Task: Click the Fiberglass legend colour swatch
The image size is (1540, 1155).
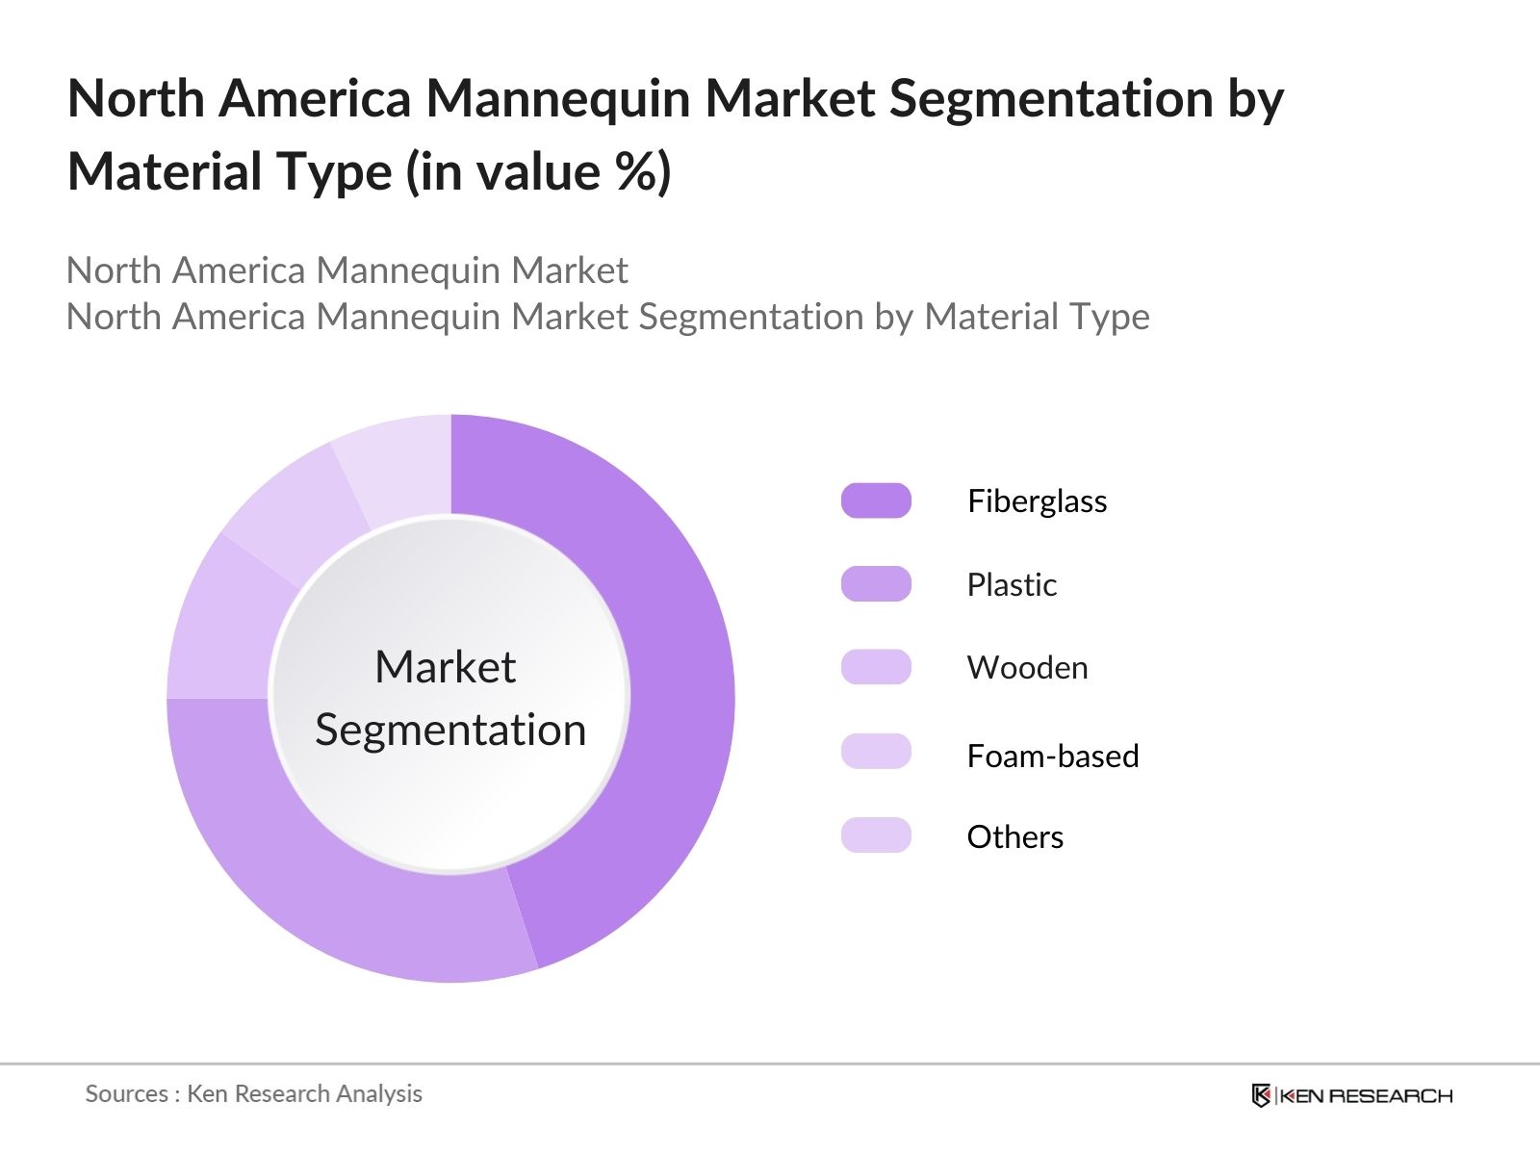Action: (876, 500)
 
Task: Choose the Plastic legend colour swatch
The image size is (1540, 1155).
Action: (876, 584)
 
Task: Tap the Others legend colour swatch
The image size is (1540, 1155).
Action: (876, 835)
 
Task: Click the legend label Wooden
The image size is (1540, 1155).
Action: (1027, 668)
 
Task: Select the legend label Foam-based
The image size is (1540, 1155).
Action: (1052, 757)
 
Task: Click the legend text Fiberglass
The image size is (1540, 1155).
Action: (1037, 501)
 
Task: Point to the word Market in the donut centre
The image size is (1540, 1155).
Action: (445, 667)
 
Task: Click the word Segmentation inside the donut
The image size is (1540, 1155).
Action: (450, 730)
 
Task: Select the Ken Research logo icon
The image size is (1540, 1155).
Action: (1261, 1095)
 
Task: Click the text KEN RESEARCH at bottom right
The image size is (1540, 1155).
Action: (1365, 1095)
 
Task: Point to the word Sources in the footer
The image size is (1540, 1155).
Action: (126, 1094)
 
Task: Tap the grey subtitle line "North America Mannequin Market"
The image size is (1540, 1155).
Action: (346, 271)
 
